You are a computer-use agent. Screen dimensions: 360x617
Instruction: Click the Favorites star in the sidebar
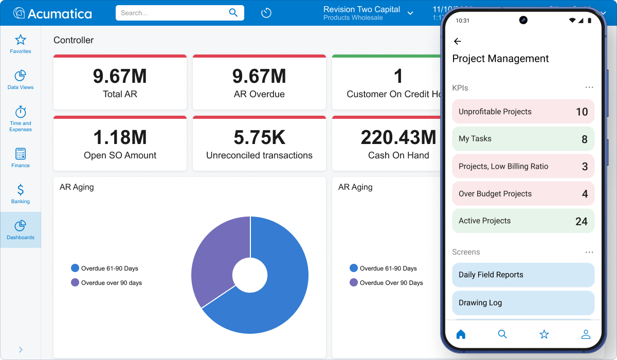(21, 40)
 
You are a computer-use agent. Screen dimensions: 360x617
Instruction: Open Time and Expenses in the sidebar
(21, 112)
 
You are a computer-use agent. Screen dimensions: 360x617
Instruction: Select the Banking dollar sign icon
(21, 190)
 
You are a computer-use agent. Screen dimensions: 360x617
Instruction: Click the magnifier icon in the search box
(233, 13)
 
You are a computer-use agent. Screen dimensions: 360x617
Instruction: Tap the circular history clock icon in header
(266, 13)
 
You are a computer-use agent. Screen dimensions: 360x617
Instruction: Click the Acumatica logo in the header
(52, 13)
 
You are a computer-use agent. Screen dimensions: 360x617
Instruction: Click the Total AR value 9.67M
(120, 77)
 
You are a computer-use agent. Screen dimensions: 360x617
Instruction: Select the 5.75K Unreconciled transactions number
(259, 138)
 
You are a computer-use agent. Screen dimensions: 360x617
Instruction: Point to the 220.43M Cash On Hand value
(398, 138)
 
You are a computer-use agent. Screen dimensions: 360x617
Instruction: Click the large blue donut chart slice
(278, 288)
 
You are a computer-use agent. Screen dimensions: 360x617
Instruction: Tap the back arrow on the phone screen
(457, 41)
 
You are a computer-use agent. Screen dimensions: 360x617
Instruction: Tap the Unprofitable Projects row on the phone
(523, 112)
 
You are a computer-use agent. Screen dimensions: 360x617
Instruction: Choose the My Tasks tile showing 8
(523, 139)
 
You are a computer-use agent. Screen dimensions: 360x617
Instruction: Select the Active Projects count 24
(581, 221)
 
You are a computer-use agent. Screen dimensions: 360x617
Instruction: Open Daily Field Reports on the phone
(523, 275)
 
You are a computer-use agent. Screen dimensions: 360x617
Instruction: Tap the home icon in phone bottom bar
(461, 334)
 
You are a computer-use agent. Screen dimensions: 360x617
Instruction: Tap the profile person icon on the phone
(586, 334)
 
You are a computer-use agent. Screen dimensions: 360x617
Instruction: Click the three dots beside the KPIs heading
(589, 88)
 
